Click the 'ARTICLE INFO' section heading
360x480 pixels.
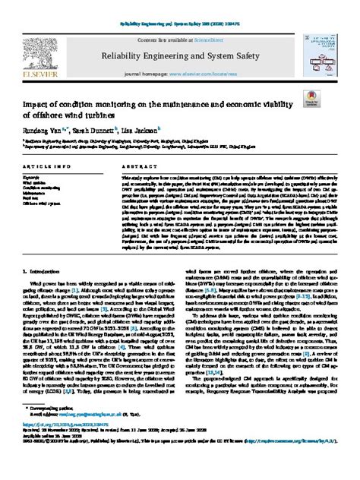49,166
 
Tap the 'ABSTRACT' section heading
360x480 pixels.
134,166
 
